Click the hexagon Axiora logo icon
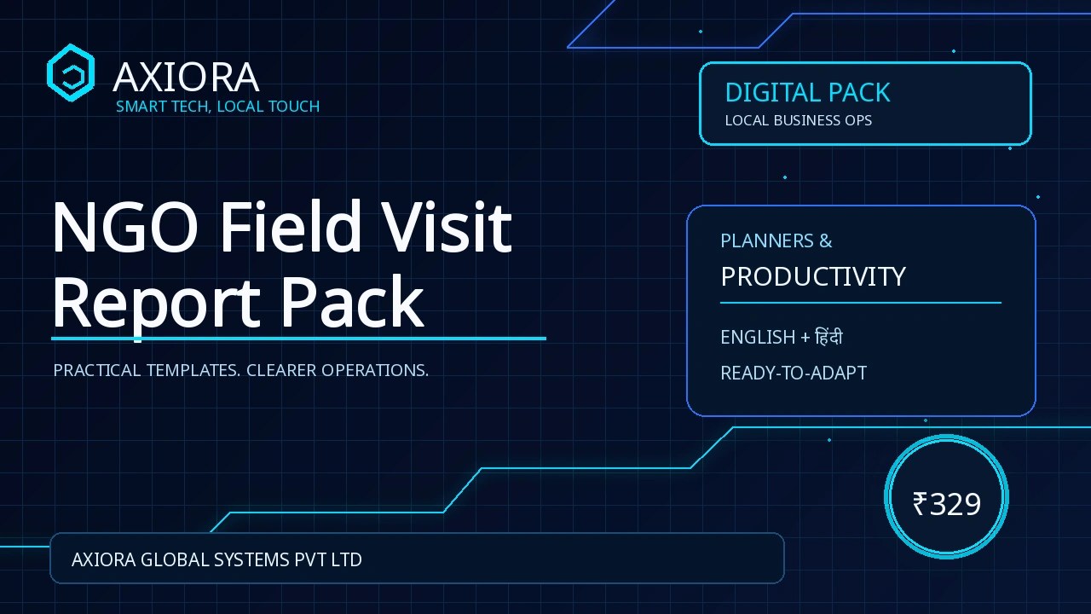click(71, 72)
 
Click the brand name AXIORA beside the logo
click(186, 77)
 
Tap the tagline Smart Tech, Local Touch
click(217, 107)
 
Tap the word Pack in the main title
click(353, 301)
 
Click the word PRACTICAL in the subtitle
click(97, 370)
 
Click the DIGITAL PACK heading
click(807, 93)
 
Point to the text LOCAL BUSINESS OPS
click(799, 120)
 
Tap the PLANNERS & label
click(776, 240)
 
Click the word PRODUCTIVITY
click(813, 277)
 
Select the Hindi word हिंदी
click(828, 336)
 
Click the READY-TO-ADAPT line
click(794, 374)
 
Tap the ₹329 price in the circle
click(946, 504)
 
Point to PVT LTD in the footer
click(328, 560)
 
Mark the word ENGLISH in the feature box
click(758, 337)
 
